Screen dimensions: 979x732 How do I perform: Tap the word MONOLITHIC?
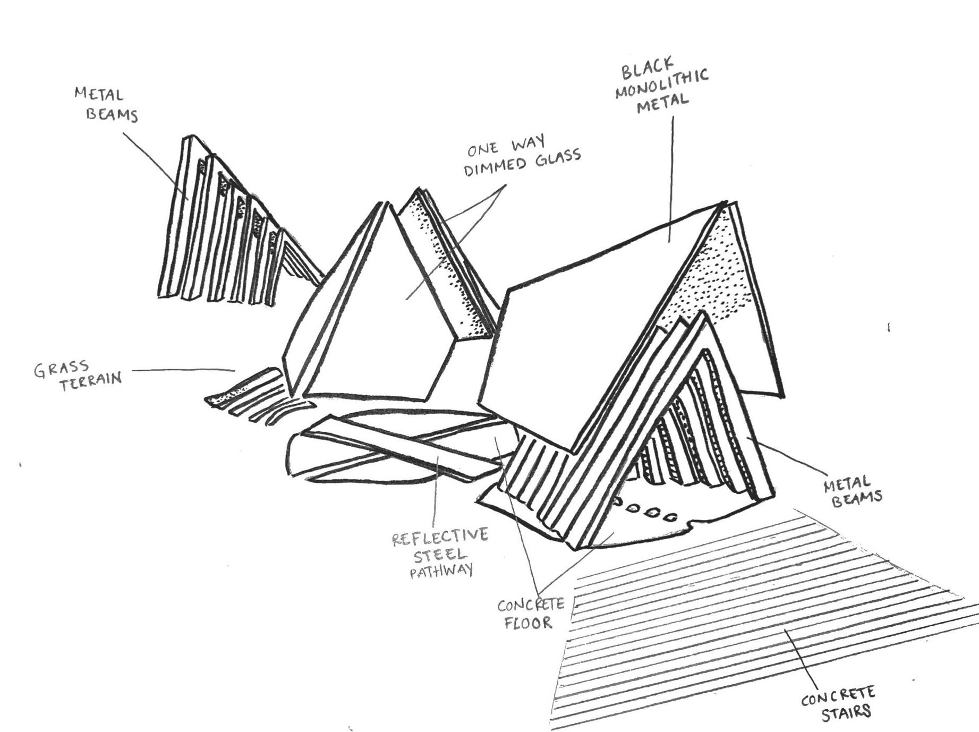662,85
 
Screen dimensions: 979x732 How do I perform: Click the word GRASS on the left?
61,368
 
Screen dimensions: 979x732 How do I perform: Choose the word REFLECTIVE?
440,537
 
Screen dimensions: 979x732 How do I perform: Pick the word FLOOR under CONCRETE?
529,622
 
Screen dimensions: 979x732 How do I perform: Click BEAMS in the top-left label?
112,115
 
